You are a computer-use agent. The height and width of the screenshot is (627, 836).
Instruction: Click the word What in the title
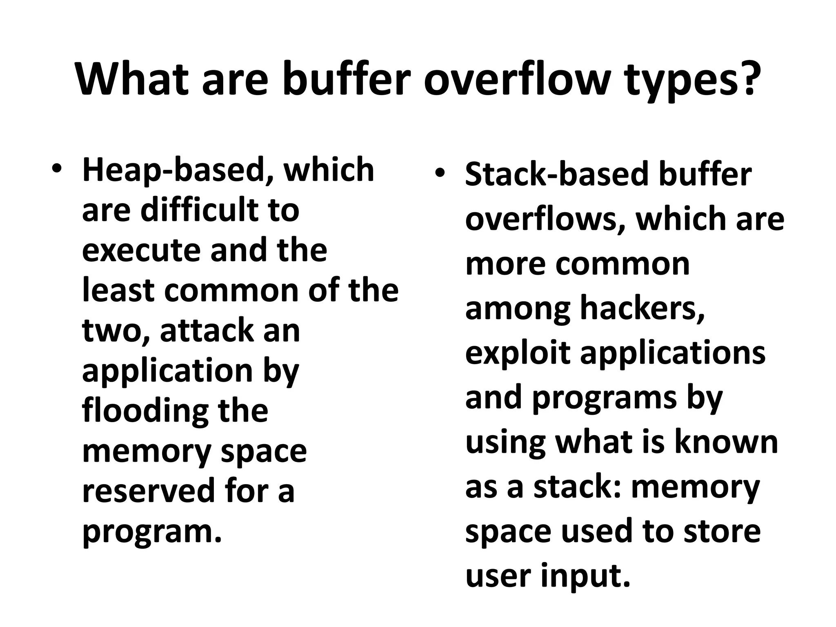pos(131,78)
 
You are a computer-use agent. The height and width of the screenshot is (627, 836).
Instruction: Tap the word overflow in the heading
pos(516,78)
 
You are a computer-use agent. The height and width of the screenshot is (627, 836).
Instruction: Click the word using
pos(505,442)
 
